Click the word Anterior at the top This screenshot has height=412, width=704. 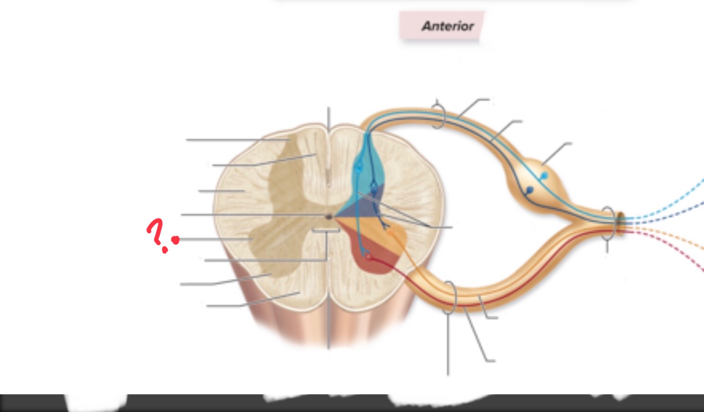448,26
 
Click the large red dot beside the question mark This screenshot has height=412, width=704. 176,240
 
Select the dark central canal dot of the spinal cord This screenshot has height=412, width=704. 329,217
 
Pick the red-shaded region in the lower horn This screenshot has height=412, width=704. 374,258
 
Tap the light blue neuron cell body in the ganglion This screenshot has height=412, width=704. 545,175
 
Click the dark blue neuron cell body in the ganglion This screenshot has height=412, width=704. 529,190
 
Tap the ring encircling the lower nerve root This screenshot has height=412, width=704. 449,298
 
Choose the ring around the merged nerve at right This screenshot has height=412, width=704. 609,224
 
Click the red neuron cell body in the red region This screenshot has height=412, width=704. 369,257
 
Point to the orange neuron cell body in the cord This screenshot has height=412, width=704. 390,233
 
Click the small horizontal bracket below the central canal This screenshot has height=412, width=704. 326,231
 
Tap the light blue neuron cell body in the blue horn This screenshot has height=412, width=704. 358,168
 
